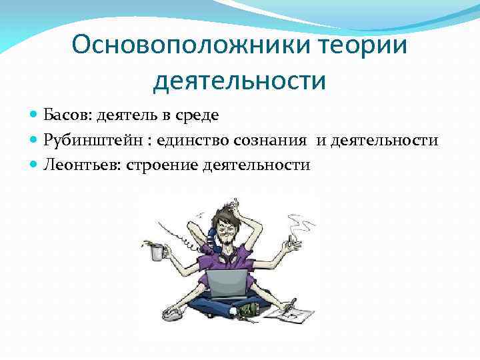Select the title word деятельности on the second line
coord(240,81)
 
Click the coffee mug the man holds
coord(157,253)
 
